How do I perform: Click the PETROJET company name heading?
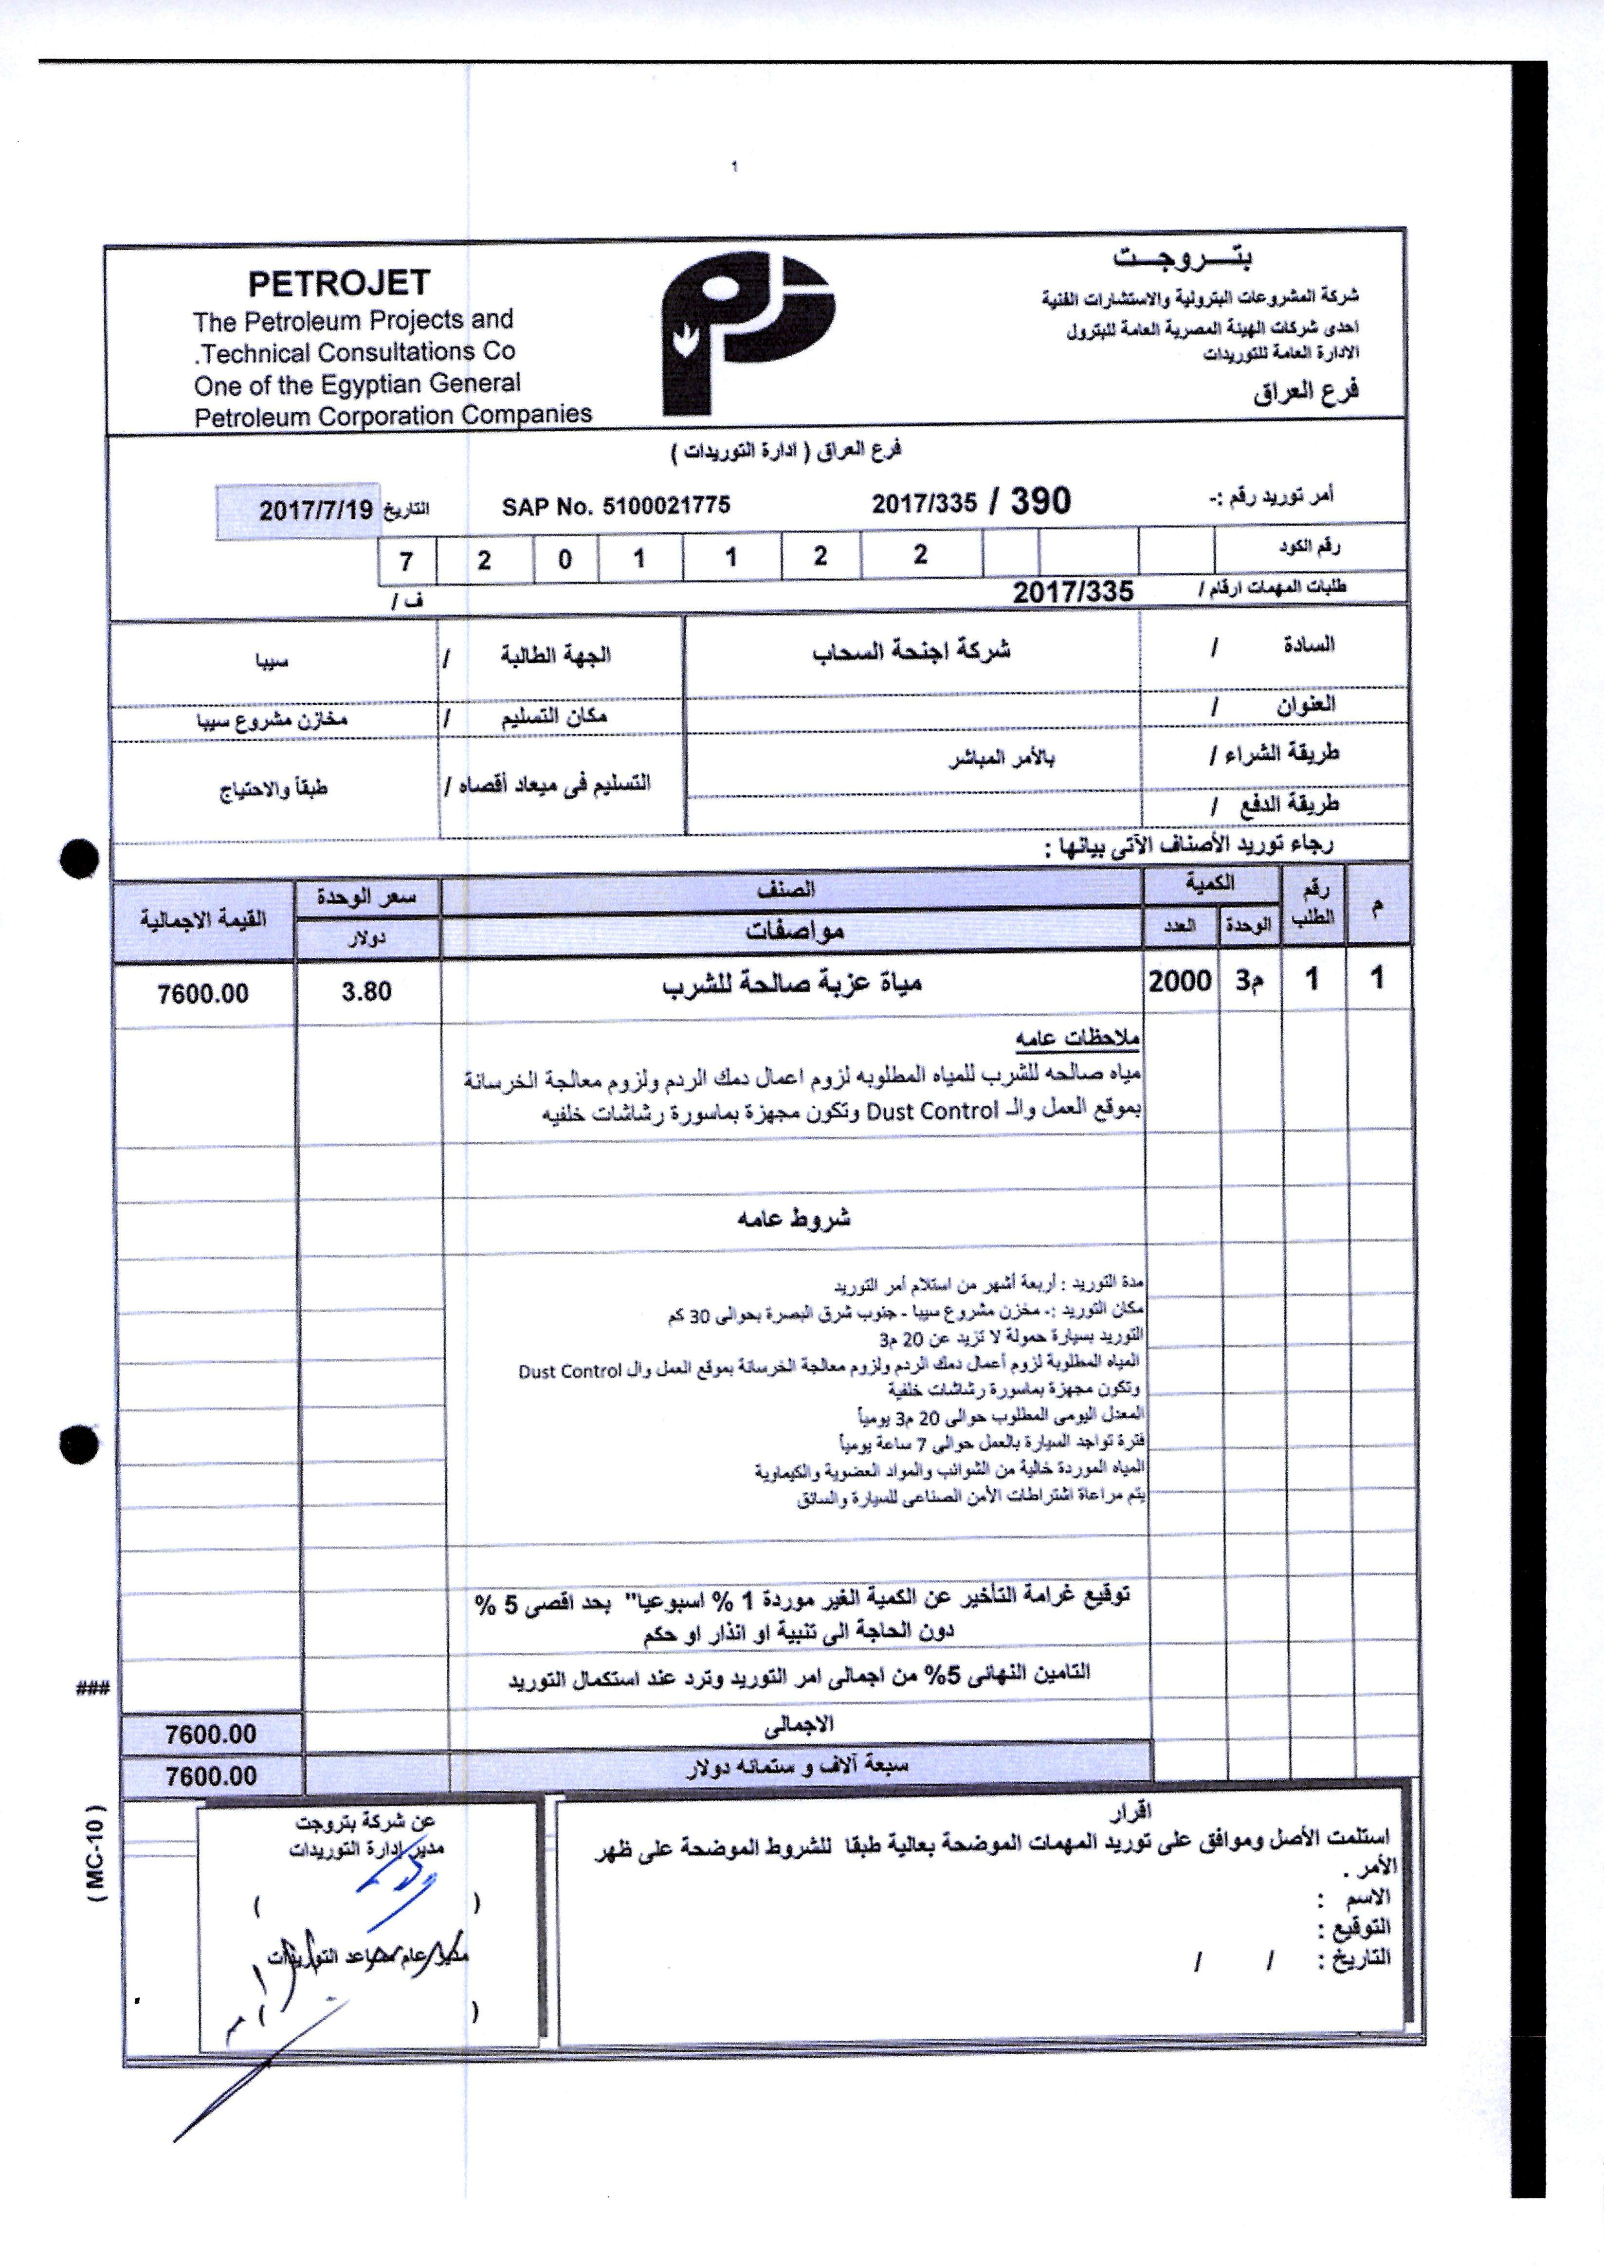pos(339,284)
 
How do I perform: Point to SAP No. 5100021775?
pos(615,506)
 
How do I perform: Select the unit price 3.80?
pos(366,991)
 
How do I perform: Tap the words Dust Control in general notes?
pos(932,1111)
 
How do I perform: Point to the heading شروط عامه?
pos(793,1218)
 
